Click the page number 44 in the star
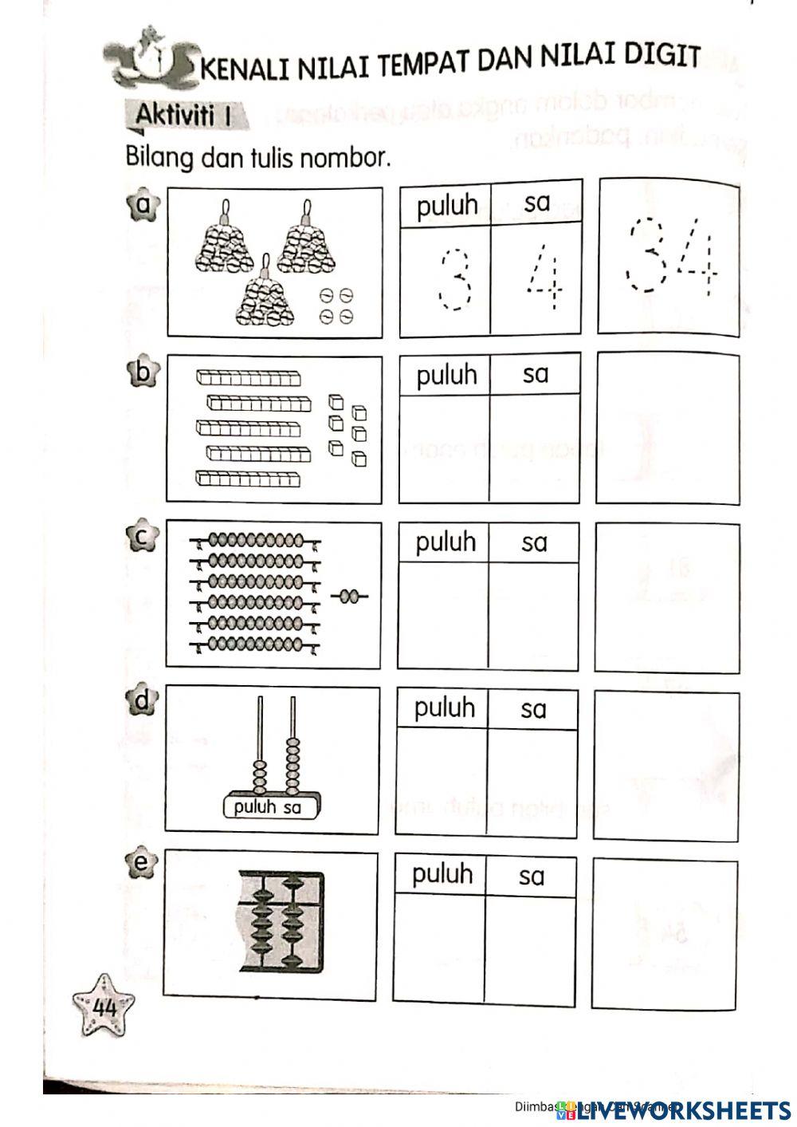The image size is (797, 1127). pos(104,1007)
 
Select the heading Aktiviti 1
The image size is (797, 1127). pos(183,116)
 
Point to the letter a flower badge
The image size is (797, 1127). pos(143,207)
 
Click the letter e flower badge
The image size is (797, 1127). pos(142,863)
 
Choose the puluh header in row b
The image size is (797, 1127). pos(446,374)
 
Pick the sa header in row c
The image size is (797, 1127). pos(534,542)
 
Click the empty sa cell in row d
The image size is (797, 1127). pos(532,782)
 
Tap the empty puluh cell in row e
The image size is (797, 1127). pos(439,949)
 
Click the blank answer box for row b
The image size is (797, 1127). pos(667,429)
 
